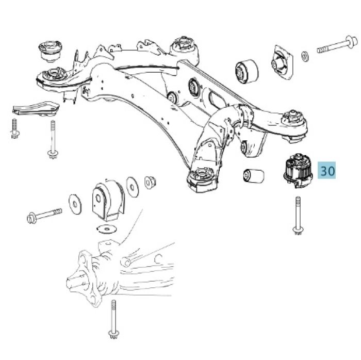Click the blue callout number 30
click(x=327, y=171)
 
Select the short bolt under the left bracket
click(x=15, y=128)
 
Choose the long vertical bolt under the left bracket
click(x=52, y=139)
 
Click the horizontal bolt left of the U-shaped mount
click(x=44, y=214)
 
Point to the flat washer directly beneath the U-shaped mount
click(x=107, y=228)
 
